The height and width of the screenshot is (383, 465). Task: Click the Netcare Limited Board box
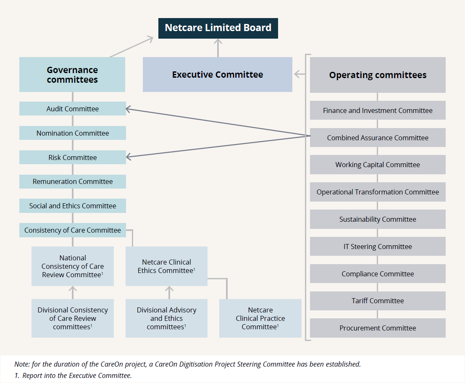tap(218, 28)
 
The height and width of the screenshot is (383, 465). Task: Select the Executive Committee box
tap(217, 75)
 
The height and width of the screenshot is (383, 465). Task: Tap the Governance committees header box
tap(72, 75)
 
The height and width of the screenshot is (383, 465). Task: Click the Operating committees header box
tap(378, 75)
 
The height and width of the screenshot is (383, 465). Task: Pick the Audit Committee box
tap(72, 109)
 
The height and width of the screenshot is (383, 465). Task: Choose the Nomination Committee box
tap(72, 133)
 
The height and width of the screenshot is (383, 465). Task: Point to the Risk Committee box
tap(72, 157)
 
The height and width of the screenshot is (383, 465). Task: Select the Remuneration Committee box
tap(72, 181)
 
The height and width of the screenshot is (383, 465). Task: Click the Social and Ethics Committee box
tap(72, 206)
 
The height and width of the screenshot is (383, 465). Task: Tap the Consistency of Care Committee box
tap(72, 230)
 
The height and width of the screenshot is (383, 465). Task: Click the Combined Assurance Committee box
tap(378, 138)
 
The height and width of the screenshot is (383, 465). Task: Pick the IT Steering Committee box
tap(378, 247)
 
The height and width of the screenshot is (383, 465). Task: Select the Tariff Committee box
tap(378, 301)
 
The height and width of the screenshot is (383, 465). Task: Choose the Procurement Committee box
tap(378, 328)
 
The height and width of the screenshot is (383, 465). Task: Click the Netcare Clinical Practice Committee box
tap(260, 318)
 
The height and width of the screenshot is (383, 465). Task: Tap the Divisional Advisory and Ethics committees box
tap(166, 318)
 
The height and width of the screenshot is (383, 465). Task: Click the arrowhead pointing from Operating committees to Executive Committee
tap(297, 74)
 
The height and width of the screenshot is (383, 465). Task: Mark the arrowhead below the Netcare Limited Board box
tap(218, 42)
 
